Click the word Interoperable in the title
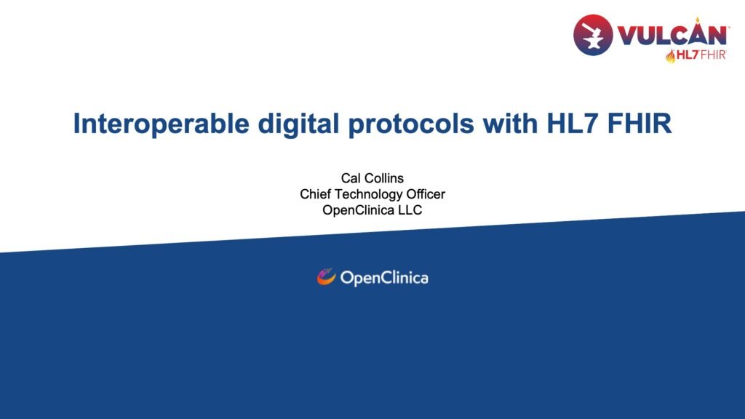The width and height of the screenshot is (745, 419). tap(161, 124)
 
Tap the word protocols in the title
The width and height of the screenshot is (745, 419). tap(411, 124)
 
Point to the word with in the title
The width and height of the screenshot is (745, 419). tap(510, 124)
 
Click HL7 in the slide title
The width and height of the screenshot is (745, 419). tap(573, 124)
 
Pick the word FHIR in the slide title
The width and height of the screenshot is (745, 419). tap(640, 124)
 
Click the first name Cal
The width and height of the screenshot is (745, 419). tap(351, 178)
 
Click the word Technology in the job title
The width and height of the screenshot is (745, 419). tap(368, 195)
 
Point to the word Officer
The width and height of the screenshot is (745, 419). tap(426, 194)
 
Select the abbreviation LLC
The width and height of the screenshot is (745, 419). tap(410, 210)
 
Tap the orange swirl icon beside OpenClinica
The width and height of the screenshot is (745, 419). tap(326, 277)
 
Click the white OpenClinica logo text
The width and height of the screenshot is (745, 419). tap(384, 279)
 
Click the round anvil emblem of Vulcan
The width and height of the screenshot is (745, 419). tap(593, 35)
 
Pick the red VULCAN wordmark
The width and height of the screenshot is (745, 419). tap(672, 35)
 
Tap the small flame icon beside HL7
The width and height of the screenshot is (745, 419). tap(671, 56)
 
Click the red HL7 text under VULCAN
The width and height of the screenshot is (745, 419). tap(688, 55)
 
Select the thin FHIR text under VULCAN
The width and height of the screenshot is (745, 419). tap(713, 55)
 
